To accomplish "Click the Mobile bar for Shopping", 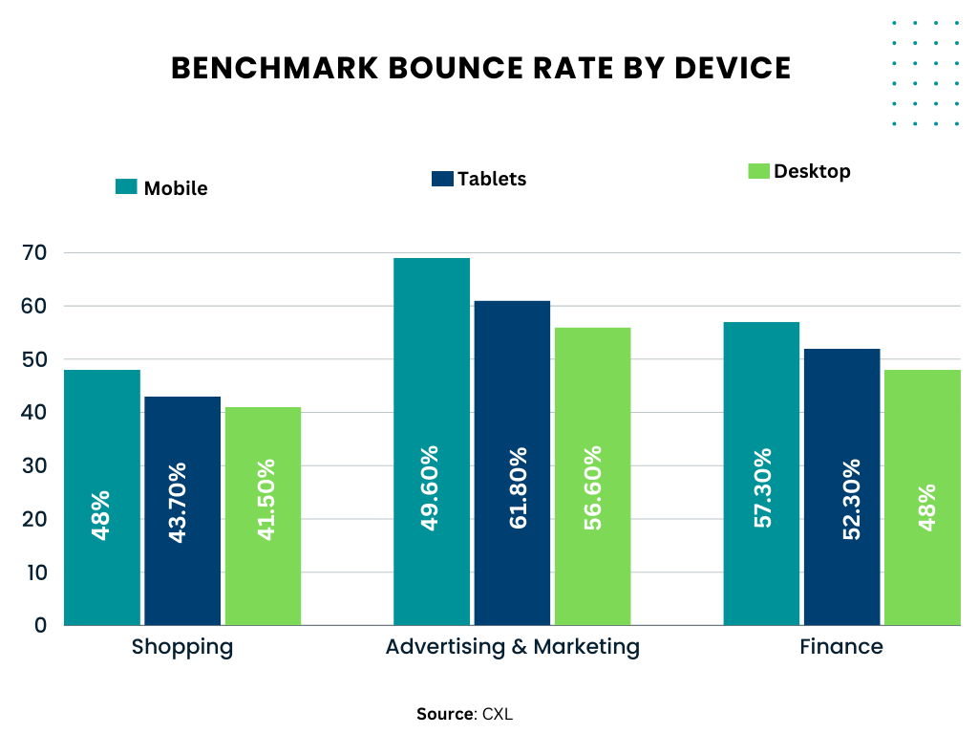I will (x=102, y=497).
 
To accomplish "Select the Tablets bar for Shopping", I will (x=182, y=510).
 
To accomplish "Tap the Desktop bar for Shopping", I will (x=263, y=516).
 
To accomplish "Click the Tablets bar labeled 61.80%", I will (x=512, y=463).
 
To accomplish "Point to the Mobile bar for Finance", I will (x=761, y=473).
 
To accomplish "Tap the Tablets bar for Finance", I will (x=841, y=486).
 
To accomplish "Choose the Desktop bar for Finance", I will (x=922, y=497).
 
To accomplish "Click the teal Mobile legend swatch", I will (x=126, y=186).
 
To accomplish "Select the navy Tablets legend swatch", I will (x=442, y=178).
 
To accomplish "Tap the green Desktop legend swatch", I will (x=758, y=171).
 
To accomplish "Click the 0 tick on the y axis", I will (x=41, y=625).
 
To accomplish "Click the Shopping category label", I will (x=182, y=647).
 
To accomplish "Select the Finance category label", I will (x=841, y=647).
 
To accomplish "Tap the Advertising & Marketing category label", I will (x=512, y=647).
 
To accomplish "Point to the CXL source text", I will (x=498, y=714).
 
